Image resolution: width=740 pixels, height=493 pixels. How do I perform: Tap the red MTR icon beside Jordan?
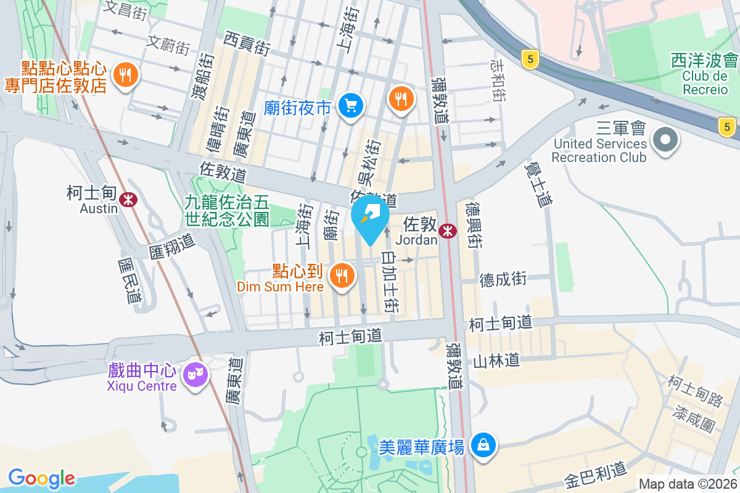(448, 230)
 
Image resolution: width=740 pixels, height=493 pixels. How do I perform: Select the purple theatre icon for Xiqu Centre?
(196, 373)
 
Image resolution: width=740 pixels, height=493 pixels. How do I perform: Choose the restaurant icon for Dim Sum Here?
(342, 275)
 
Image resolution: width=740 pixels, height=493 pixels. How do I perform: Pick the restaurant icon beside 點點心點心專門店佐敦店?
(126, 75)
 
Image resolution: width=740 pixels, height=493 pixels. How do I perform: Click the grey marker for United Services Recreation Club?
(665, 139)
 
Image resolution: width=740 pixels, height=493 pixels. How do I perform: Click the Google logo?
(42, 478)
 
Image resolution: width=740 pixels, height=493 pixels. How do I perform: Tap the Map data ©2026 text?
(687, 484)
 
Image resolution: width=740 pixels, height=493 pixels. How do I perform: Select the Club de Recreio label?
(705, 83)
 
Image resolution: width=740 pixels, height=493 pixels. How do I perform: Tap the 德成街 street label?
(503, 279)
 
